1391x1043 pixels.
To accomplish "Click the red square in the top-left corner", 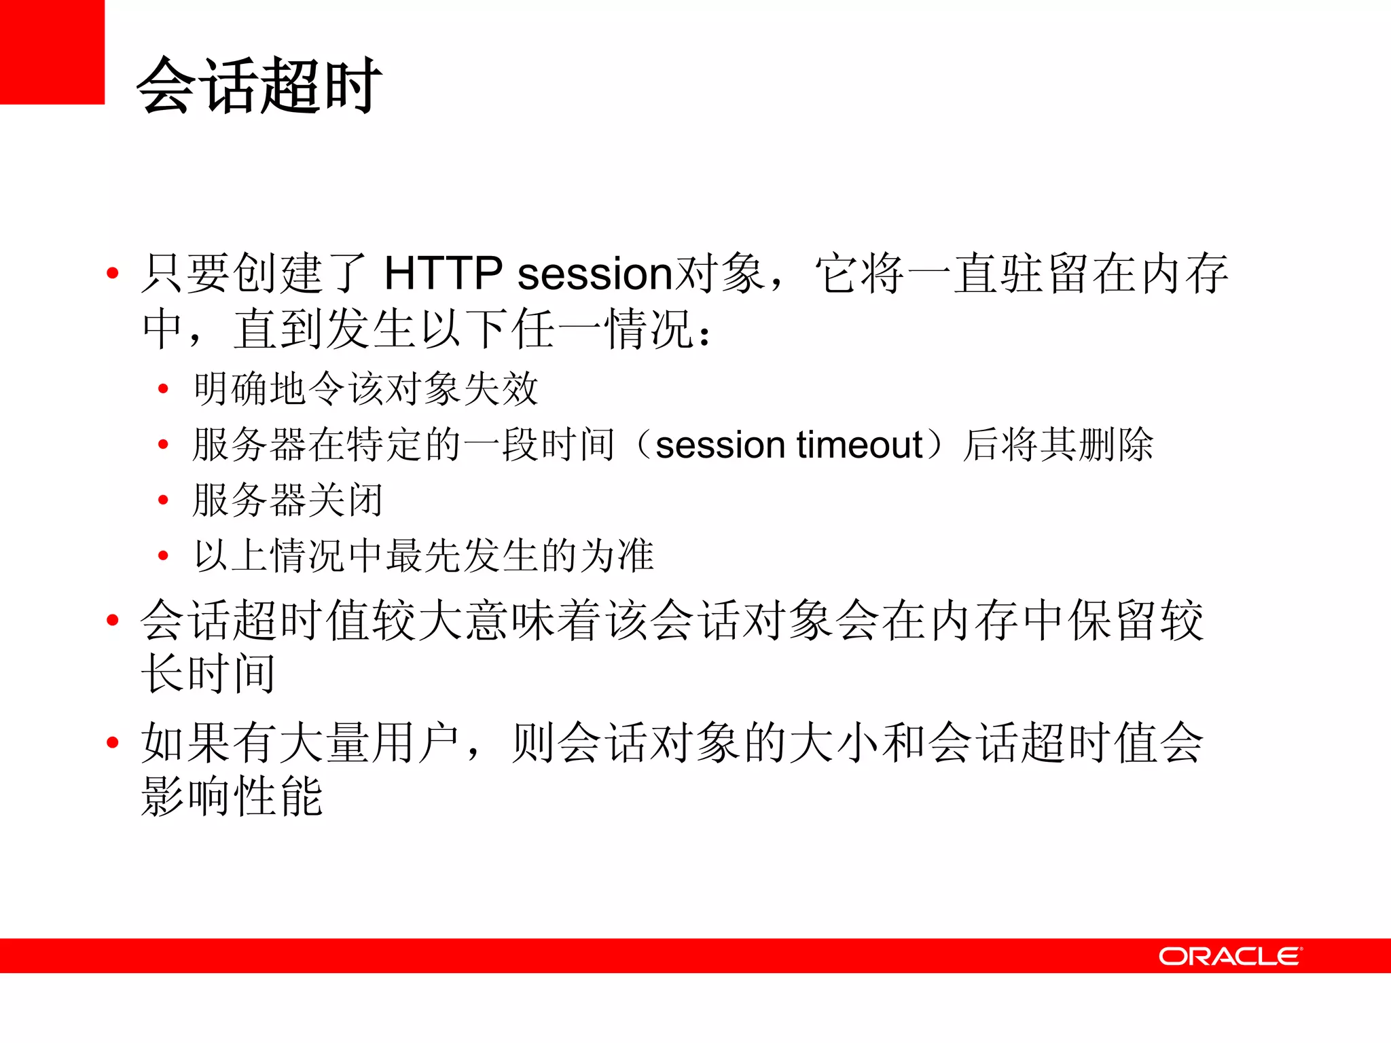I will [x=52, y=52].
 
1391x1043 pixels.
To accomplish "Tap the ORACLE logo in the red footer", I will [x=1230, y=956].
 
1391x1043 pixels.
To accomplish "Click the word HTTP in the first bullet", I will [x=443, y=274].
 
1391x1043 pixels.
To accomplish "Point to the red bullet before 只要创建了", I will [x=113, y=274].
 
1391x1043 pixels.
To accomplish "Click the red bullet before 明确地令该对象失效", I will [x=163, y=389].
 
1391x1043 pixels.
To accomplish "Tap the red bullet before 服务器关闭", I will [x=163, y=500].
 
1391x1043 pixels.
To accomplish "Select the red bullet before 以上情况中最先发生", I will [x=163, y=556].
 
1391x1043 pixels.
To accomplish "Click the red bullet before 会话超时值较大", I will [x=113, y=620].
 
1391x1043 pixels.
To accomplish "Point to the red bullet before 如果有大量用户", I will [x=113, y=742].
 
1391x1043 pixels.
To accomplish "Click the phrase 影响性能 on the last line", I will [x=232, y=797].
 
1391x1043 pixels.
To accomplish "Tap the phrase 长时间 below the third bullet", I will [x=209, y=674].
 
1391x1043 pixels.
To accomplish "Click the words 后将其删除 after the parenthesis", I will [x=1058, y=445].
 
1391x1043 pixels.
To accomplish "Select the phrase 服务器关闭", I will [x=287, y=500].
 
